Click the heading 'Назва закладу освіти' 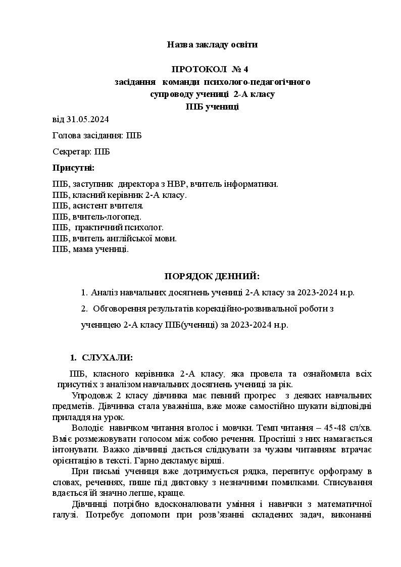click(x=212, y=45)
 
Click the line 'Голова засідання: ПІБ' click(x=97, y=136)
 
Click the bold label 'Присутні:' click(x=73, y=168)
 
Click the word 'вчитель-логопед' click(x=107, y=217)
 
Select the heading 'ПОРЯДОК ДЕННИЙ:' click(x=212, y=276)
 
